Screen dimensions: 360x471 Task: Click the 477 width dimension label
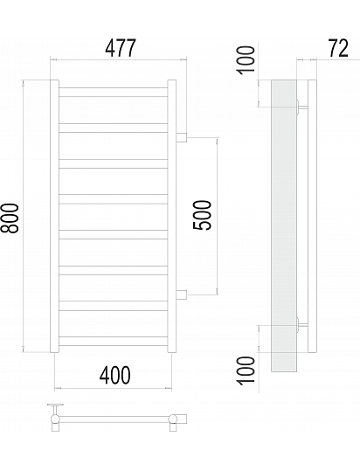coord(121,48)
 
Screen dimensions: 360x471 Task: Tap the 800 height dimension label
coord(10,218)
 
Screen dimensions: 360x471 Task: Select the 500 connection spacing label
coord(202,215)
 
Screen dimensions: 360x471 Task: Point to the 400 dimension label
coord(115,375)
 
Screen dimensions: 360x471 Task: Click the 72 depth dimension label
coord(338,48)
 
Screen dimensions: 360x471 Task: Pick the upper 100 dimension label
coord(246,59)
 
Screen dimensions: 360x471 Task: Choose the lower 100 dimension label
coord(246,371)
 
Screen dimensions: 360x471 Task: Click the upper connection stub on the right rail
coord(182,137)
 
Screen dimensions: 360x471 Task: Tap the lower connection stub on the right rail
coord(182,295)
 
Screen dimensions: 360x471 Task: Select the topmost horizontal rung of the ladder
coord(114,93)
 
